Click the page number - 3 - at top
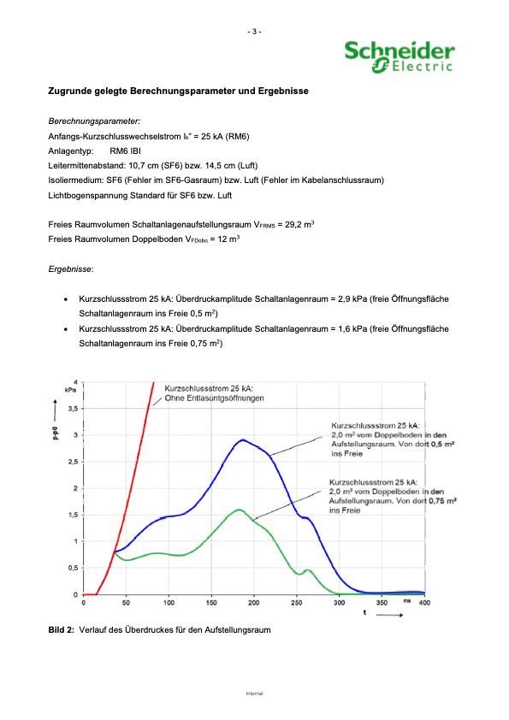click(x=254, y=32)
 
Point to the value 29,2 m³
click(x=299, y=224)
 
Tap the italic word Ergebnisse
click(x=71, y=269)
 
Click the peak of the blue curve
click(x=243, y=440)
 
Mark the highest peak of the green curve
click(x=239, y=510)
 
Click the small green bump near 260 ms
click(x=307, y=570)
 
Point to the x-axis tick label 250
click(x=296, y=603)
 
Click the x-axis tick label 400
click(x=424, y=603)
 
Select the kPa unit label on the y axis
click(x=71, y=389)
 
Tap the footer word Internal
click(x=254, y=693)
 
